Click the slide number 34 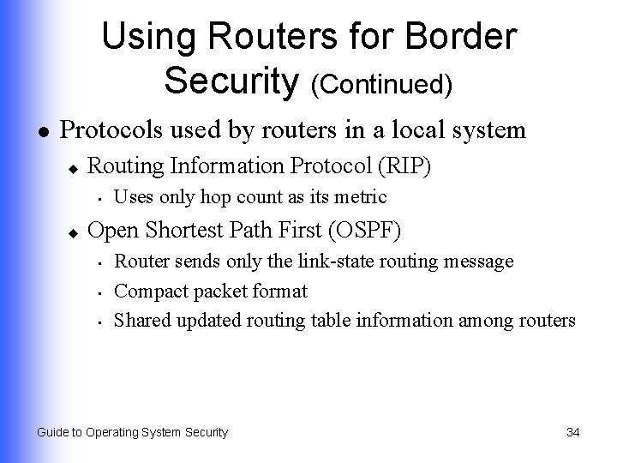pyautogui.click(x=573, y=432)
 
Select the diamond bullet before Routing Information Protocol pyautogui.click(x=75, y=166)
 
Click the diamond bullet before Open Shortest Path pyautogui.click(x=75, y=231)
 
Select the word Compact pyautogui.click(x=148, y=291)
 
